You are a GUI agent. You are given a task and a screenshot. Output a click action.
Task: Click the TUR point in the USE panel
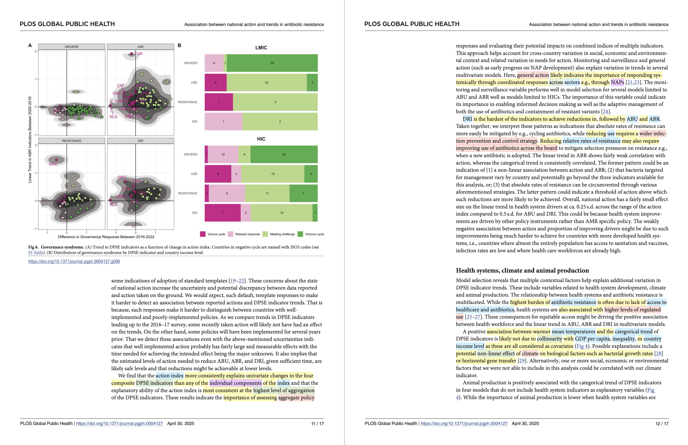click(131, 54)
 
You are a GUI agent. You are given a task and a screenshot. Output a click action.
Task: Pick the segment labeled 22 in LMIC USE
click(266, 83)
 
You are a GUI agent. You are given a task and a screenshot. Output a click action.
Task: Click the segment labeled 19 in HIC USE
click(273, 174)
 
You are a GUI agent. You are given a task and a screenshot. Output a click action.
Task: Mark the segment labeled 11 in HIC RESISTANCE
click(267, 193)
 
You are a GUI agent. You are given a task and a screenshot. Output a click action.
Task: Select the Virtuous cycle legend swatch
click(300, 234)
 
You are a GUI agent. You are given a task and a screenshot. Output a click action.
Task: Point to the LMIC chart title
click(261, 48)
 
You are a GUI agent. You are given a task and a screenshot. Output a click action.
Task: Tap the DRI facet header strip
click(140, 141)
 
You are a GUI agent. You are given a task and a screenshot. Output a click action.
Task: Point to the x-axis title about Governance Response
click(106, 237)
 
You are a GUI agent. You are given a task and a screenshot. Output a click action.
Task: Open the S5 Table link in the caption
click(36, 252)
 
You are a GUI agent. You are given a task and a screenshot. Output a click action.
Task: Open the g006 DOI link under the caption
click(74, 262)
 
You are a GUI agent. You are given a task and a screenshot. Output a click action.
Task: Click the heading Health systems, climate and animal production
click(522, 270)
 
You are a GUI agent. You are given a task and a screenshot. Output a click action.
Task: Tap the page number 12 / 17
click(662, 424)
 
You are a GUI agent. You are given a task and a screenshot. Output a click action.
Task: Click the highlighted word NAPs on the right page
click(617, 82)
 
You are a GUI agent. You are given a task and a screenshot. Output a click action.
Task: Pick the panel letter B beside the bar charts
click(179, 46)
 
